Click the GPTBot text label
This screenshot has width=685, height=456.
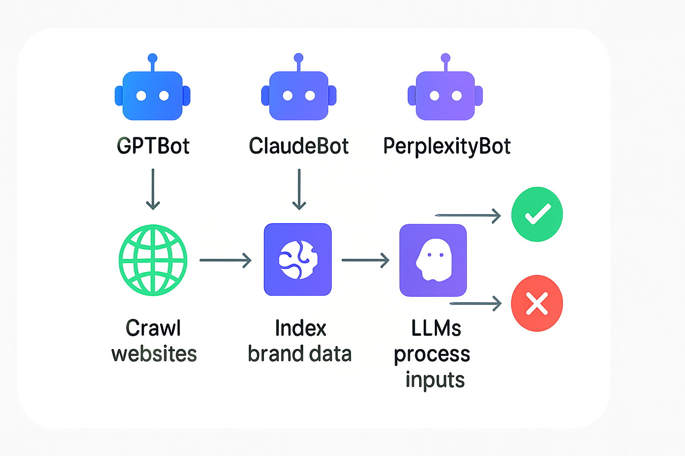coord(153,146)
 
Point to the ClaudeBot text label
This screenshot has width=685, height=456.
coord(299,146)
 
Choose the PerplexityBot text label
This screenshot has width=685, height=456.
coord(447,147)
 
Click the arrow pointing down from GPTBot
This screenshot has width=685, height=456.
coord(153,189)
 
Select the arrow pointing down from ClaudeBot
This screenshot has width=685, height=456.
coord(299,189)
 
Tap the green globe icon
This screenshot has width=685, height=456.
coord(153,260)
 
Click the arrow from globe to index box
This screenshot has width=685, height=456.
coord(226,260)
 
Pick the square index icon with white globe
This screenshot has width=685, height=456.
coord(298,260)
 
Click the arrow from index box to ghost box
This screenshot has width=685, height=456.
coord(365,260)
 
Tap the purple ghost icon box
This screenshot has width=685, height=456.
coord(433,260)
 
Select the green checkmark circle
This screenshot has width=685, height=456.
coord(537,214)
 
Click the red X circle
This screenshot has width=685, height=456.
coord(537,303)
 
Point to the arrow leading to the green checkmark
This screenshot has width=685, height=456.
coord(468,216)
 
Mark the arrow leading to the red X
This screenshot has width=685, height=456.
coord(475,304)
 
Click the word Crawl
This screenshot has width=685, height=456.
coord(153,328)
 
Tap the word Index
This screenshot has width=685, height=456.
coord(301,328)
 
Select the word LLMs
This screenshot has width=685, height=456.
coord(436,328)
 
